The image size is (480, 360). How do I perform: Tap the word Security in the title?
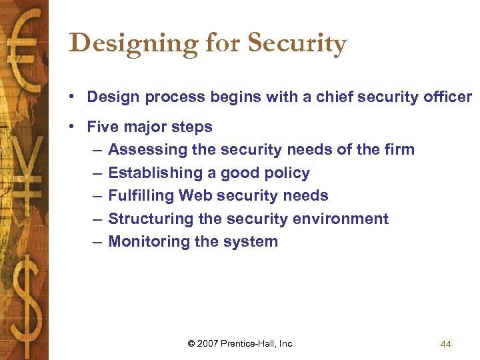[x=297, y=44]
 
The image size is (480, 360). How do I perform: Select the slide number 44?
[x=446, y=344]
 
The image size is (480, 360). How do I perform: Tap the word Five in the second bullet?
[x=103, y=127]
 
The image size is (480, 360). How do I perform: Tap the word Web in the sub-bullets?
[x=193, y=195]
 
